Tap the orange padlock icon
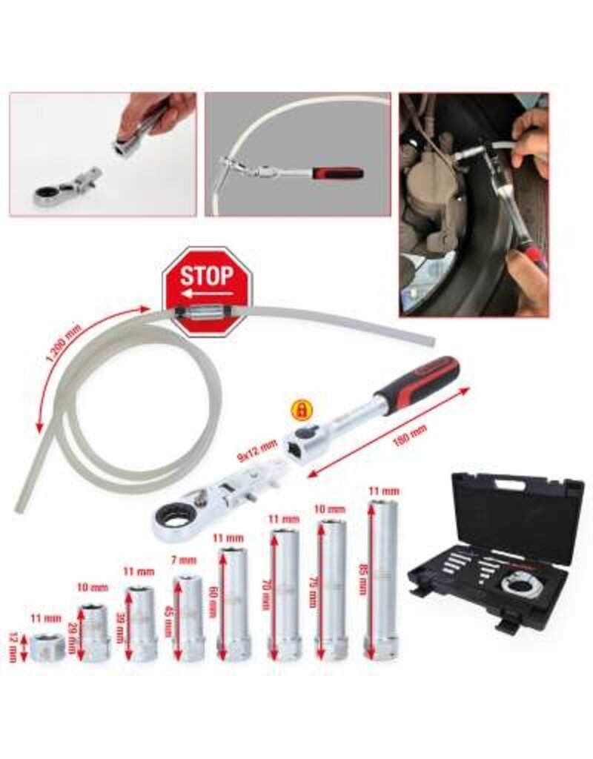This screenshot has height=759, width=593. pos(302,408)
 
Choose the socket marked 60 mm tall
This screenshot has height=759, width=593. pos(233,604)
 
